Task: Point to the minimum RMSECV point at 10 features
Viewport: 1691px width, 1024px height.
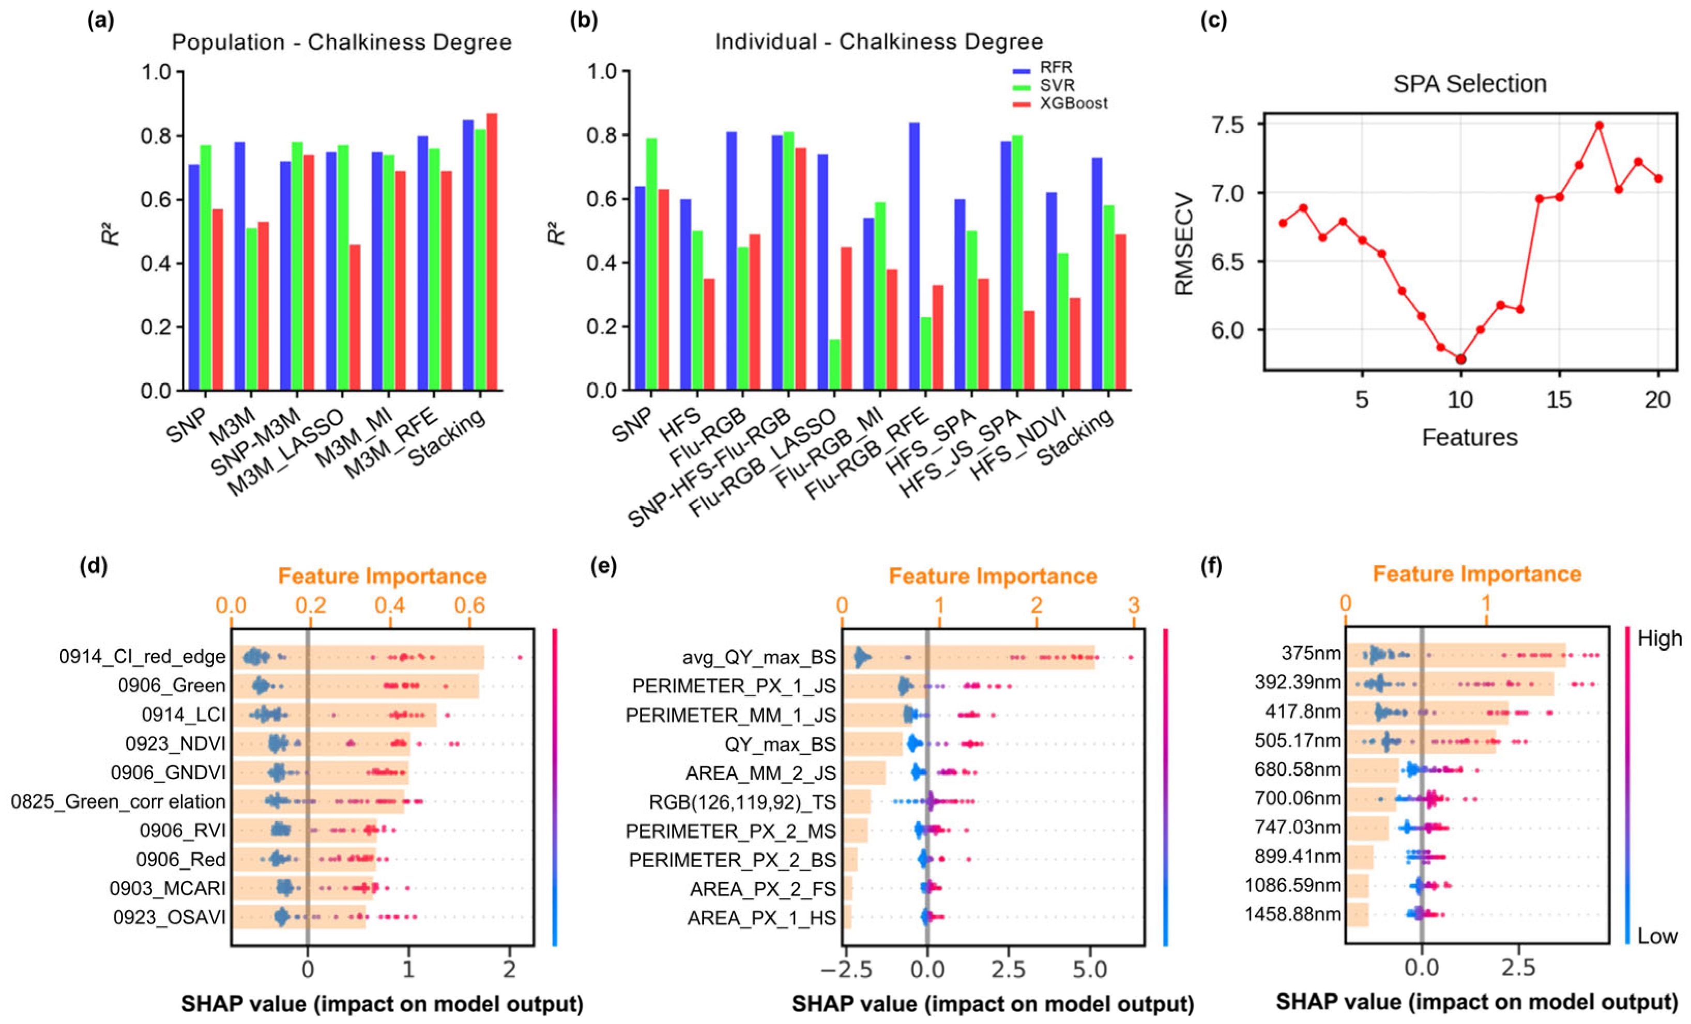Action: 1461,359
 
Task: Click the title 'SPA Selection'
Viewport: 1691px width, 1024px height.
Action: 1469,84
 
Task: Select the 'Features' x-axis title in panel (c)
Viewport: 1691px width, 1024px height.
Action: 1469,437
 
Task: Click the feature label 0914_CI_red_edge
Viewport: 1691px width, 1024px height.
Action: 142,657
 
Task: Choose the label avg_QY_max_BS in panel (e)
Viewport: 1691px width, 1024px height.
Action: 759,658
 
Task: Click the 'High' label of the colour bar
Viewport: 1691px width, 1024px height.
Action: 1659,639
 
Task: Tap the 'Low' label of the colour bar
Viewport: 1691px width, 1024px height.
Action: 1657,936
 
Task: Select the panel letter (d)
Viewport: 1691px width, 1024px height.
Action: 94,567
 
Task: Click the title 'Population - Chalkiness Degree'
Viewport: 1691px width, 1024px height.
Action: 341,42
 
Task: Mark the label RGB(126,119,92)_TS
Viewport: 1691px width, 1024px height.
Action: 742,802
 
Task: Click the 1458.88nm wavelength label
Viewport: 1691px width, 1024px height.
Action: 1292,914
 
